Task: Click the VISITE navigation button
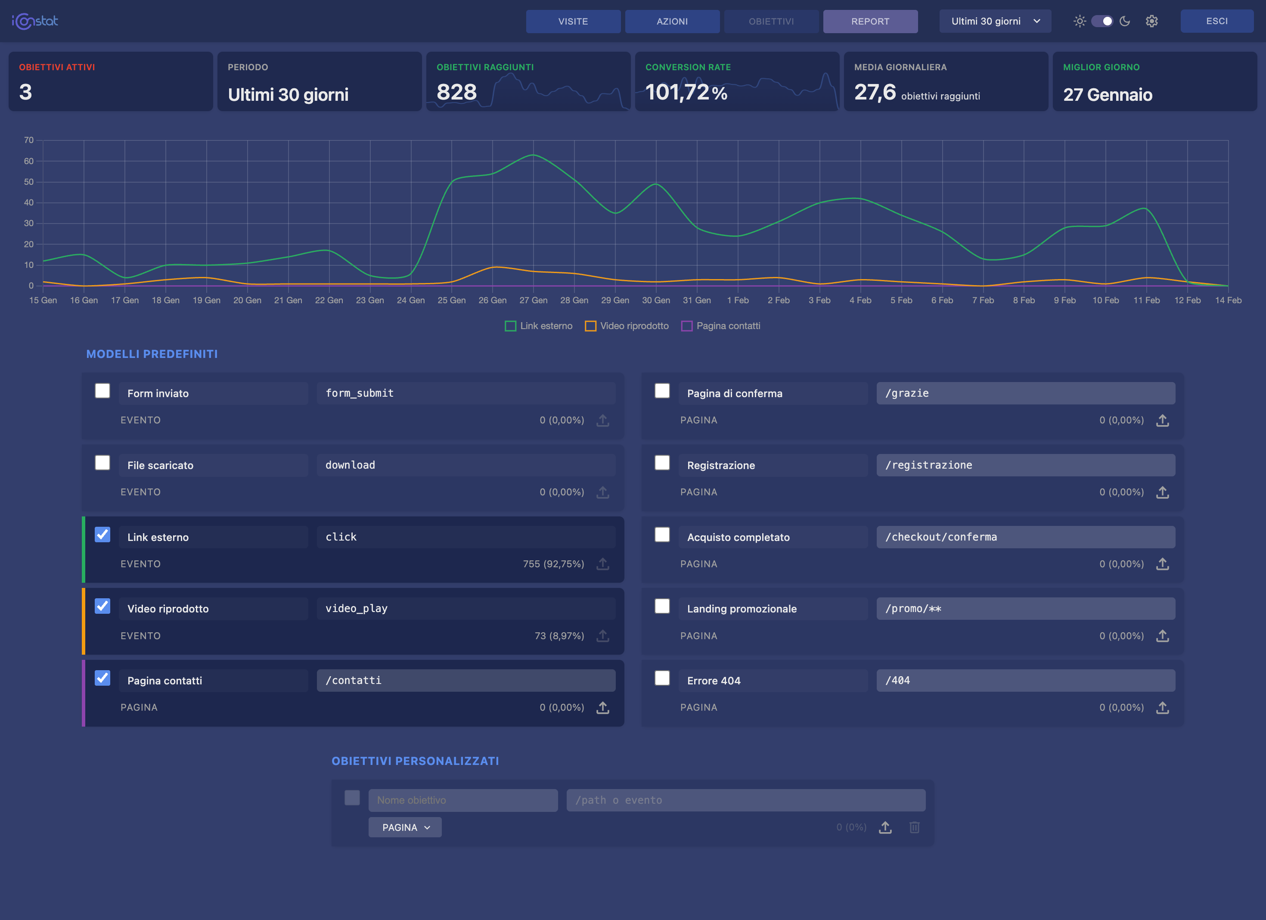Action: click(x=573, y=21)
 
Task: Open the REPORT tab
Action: click(x=870, y=21)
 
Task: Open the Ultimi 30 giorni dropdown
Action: click(x=995, y=21)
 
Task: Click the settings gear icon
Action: click(x=1151, y=21)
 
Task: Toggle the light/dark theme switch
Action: click(x=1102, y=21)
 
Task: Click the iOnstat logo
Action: click(x=34, y=21)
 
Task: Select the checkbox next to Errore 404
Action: click(x=662, y=678)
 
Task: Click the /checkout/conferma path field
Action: click(x=1025, y=537)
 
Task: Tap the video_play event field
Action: click(x=465, y=609)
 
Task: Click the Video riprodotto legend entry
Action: click(x=627, y=326)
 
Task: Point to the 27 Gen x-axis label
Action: click(x=533, y=300)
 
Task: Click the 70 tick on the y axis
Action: click(x=28, y=140)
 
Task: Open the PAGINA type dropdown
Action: click(x=405, y=827)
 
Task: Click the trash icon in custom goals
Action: click(x=914, y=827)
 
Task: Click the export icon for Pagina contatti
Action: click(x=603, y=708)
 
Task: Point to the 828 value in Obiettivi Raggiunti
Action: click(x=456, y=92)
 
